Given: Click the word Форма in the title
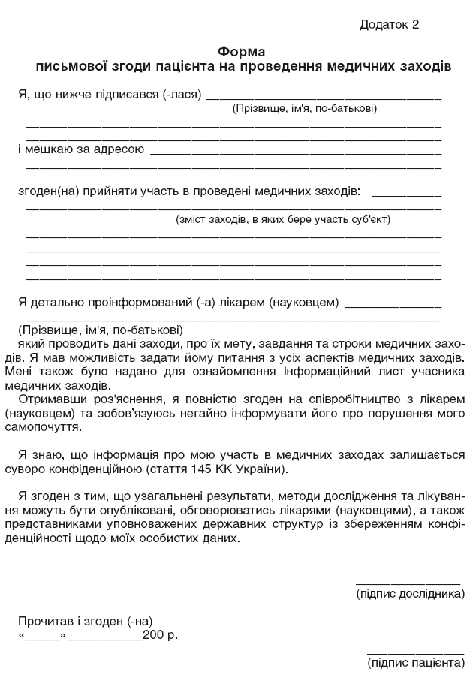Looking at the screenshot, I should point(241,52).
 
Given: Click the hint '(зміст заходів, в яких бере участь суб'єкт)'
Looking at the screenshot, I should point(283,220).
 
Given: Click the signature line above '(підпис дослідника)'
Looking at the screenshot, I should point(407,582).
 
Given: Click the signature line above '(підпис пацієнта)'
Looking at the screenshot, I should point(415,651).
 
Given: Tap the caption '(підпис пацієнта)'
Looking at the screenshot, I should point(415,663).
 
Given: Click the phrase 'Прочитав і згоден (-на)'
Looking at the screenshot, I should point(86,621).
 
